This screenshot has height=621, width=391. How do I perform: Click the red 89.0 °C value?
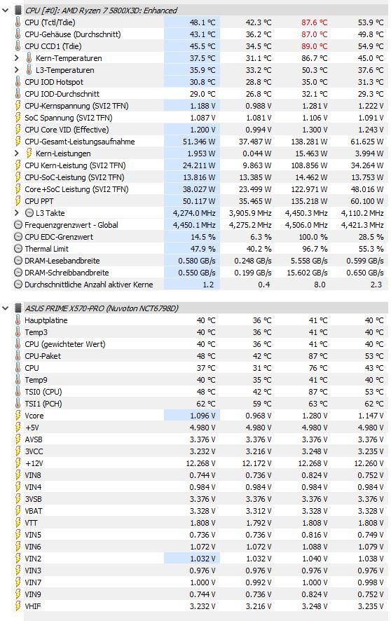point(314,46)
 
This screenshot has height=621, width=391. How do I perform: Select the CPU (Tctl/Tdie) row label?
point(50,22)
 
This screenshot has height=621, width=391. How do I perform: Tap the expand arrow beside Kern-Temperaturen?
point(16,58)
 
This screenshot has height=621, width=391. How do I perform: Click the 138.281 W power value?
point(306,142)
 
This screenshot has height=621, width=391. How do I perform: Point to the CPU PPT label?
point(39,201)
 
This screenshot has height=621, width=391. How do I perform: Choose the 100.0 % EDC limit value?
point(313,237)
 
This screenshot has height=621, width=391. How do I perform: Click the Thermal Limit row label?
point(47,249)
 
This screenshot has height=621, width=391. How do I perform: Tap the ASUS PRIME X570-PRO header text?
point(102,308)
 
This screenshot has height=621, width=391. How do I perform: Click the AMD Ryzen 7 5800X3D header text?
point(101,11)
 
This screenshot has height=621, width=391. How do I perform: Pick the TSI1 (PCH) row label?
point(43,404)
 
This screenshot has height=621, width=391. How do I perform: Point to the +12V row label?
point(34,463)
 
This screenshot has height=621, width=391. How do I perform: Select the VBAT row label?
point(34,511)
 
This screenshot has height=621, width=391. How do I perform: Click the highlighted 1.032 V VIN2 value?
point(203,559)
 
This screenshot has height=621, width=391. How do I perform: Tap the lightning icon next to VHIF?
point(18,606)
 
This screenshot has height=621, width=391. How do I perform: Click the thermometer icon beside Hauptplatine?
point(18,320)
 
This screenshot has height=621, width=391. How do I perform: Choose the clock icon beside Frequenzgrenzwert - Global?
point(18,225)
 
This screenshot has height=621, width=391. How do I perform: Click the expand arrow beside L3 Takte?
point(16,213)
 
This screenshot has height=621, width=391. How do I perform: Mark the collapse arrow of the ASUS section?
point(6,308)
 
